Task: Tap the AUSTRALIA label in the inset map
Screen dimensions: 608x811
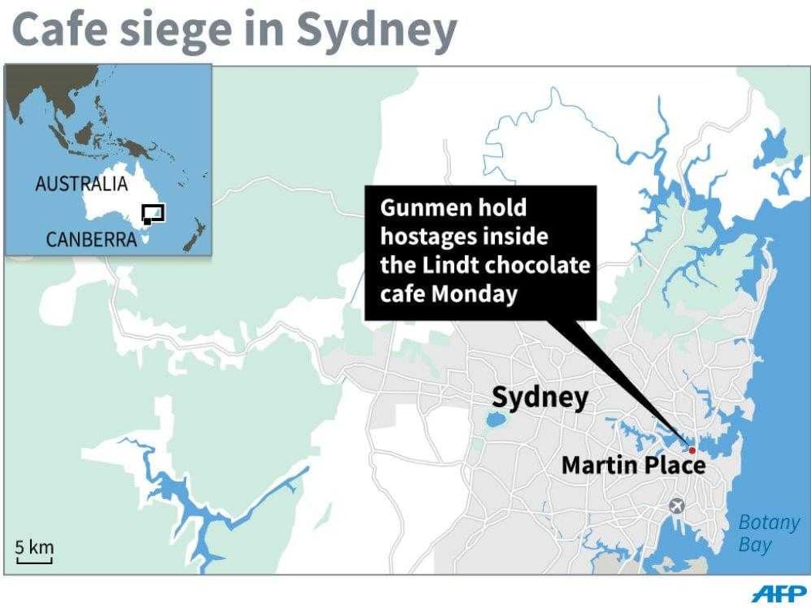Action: (x=81, y=184)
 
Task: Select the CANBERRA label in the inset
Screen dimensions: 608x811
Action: (x=91, y=239)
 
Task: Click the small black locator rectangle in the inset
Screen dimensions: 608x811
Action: (x=154, y=213)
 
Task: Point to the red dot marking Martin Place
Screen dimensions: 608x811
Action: (x=692, y=450)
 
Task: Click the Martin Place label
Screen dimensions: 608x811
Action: (x=633, y=466)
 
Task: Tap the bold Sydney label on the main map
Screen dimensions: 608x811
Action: (x=540, y=398)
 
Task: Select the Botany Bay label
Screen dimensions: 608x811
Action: (x=768, y=533)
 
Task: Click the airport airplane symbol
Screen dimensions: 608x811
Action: (x=677, y=506)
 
